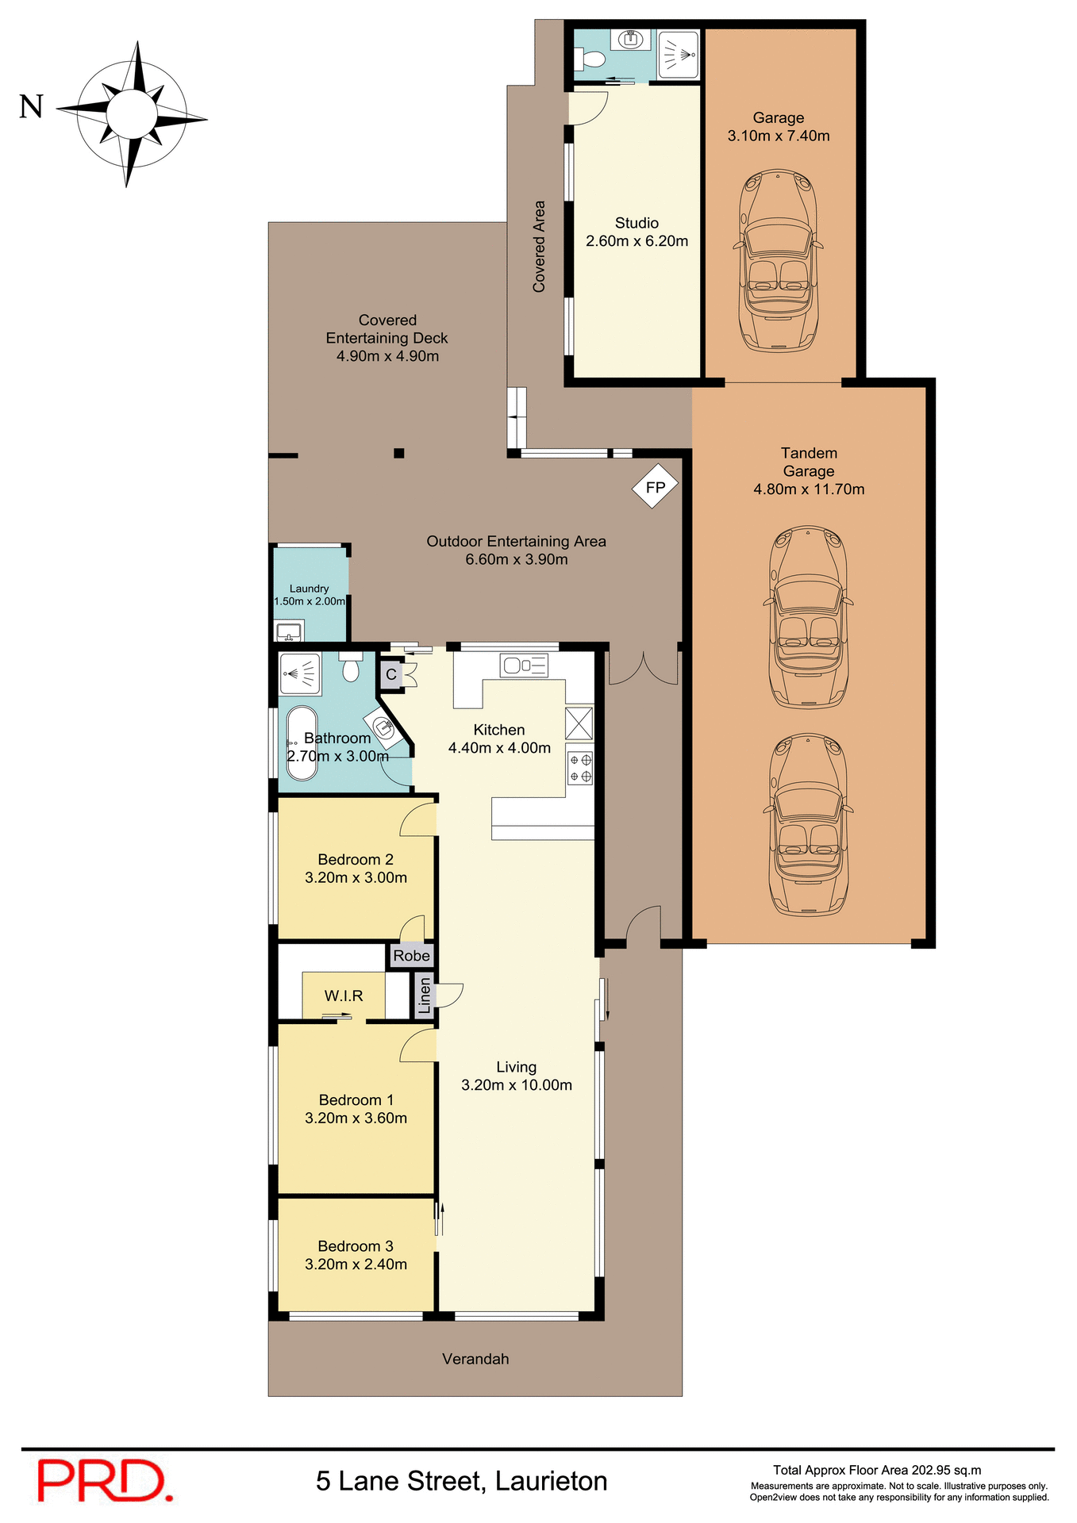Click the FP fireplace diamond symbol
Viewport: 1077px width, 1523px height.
click(655, 487)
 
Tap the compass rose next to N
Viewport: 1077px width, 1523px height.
click(132, 114)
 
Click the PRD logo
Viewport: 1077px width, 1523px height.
click(105, 1480)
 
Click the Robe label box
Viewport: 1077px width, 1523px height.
click(412, 955)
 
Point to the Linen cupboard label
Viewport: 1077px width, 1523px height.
click(425, 996)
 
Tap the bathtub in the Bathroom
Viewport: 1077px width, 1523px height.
click(302, 743)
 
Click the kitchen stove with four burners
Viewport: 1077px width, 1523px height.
click(580, 767)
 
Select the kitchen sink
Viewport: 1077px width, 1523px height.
click(524, 665)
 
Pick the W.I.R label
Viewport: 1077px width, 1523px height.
click(344, 996)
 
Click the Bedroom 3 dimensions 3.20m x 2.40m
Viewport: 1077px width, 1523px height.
click(356, 1264)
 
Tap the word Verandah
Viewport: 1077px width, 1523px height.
click(475, 1359)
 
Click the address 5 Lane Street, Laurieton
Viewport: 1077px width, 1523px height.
click(462, 1481)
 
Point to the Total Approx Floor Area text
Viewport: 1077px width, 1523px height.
click(877, 1470)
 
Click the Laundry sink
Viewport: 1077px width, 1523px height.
click(288, 632)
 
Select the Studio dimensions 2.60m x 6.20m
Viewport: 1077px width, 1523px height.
click(637, 241)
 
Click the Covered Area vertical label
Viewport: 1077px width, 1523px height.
click(539, 247)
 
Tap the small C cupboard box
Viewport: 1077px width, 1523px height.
click(391, 675)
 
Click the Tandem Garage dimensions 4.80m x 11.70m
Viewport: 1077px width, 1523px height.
click(809, 489)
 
